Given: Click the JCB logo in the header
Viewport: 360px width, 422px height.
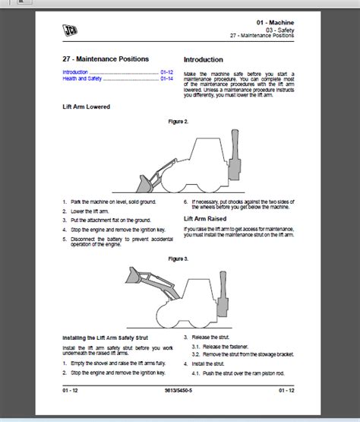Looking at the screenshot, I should click(x=71, y=28).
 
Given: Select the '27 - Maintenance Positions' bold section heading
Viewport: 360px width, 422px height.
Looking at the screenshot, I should click(x=106, y=59).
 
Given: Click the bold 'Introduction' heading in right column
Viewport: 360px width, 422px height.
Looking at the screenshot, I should click(x=204, y=59).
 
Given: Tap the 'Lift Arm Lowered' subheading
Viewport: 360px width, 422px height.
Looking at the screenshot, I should click(x=86, y=106).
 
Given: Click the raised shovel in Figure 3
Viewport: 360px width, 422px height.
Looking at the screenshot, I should click(x=137, y=275).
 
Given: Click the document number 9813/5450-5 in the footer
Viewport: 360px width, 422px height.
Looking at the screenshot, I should click(x=180, y=389).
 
